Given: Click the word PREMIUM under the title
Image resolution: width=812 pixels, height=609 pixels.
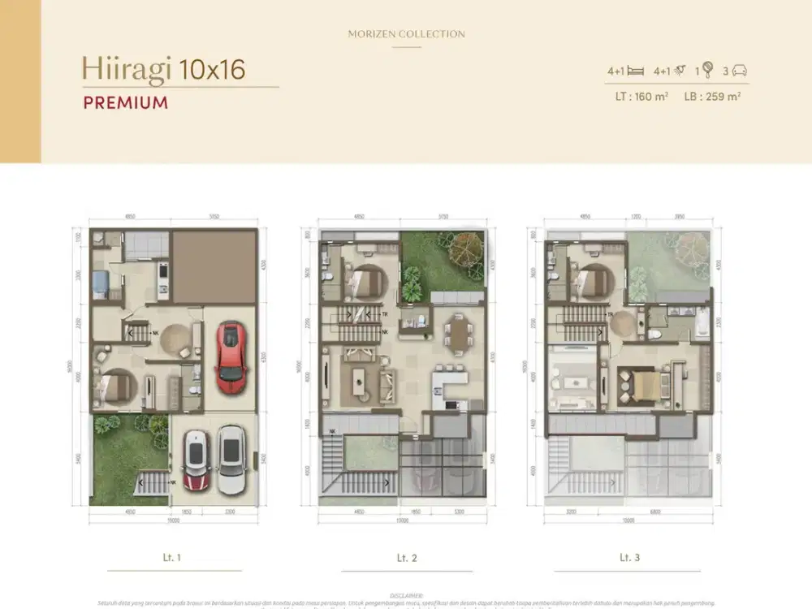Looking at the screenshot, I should click(126, 103).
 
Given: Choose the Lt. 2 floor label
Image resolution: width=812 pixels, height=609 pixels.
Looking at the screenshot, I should click(406, 558).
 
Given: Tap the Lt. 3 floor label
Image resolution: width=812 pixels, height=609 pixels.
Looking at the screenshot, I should click(629, 558).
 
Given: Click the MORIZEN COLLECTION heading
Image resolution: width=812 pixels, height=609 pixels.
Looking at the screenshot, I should click(406, 34).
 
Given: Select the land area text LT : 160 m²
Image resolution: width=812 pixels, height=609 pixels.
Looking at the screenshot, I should click(641, 97).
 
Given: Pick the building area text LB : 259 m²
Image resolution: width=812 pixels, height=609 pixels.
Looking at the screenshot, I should click(712, 97).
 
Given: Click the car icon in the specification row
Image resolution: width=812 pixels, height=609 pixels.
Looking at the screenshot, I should click(739, 71).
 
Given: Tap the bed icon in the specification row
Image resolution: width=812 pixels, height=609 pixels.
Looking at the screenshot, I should click(636, 71).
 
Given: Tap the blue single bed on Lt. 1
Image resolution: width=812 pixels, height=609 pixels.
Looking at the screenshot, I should click(99, 283).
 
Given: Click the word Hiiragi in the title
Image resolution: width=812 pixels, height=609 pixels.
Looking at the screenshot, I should click(126, 69).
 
